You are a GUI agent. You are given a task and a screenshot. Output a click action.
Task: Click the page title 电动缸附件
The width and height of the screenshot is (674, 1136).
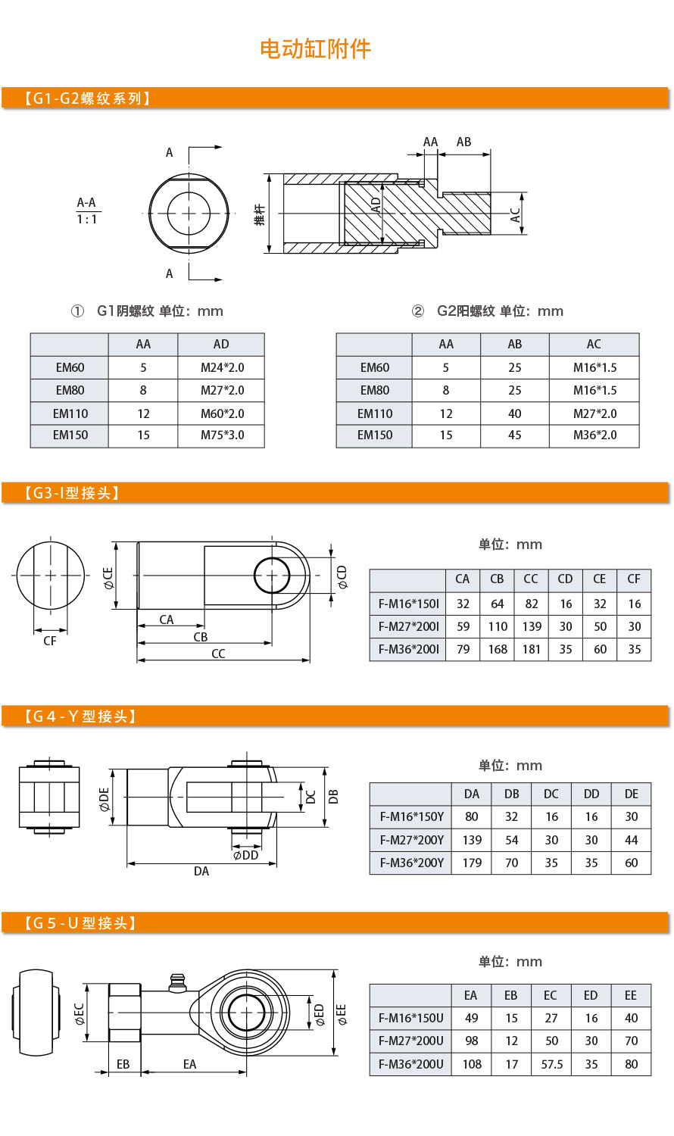pyautogui.click(x=315, y=49)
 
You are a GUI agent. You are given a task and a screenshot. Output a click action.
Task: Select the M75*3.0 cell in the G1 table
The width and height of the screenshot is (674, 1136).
pyautogui.click(x=222, y=435)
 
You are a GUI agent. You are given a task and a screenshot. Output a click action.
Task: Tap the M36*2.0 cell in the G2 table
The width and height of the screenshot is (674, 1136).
pyautogui.click(x=594, y=435)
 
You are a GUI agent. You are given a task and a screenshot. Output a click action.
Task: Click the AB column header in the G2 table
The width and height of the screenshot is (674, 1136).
pyautogui.click(x=515, y=345)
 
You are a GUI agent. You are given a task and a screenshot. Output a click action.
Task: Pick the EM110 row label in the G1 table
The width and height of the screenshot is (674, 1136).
pyautogui.click(x=70, y=414)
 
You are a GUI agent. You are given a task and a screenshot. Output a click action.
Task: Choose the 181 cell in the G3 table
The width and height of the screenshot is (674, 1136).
pyautogui.click(x=532, y=649)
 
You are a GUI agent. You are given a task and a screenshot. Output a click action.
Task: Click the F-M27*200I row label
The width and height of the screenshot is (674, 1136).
pyautogui.click(x=409, y=626)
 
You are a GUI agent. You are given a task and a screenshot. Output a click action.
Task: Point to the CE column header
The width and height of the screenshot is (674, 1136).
pyautogui.click(x=600, y=579)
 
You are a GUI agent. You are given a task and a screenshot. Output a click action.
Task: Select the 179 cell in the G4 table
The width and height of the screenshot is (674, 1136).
pyautogui.click(x=472, y=863)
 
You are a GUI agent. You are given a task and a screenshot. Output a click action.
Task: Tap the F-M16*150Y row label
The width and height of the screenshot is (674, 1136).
pyautogui.click(x=412, y=816)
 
